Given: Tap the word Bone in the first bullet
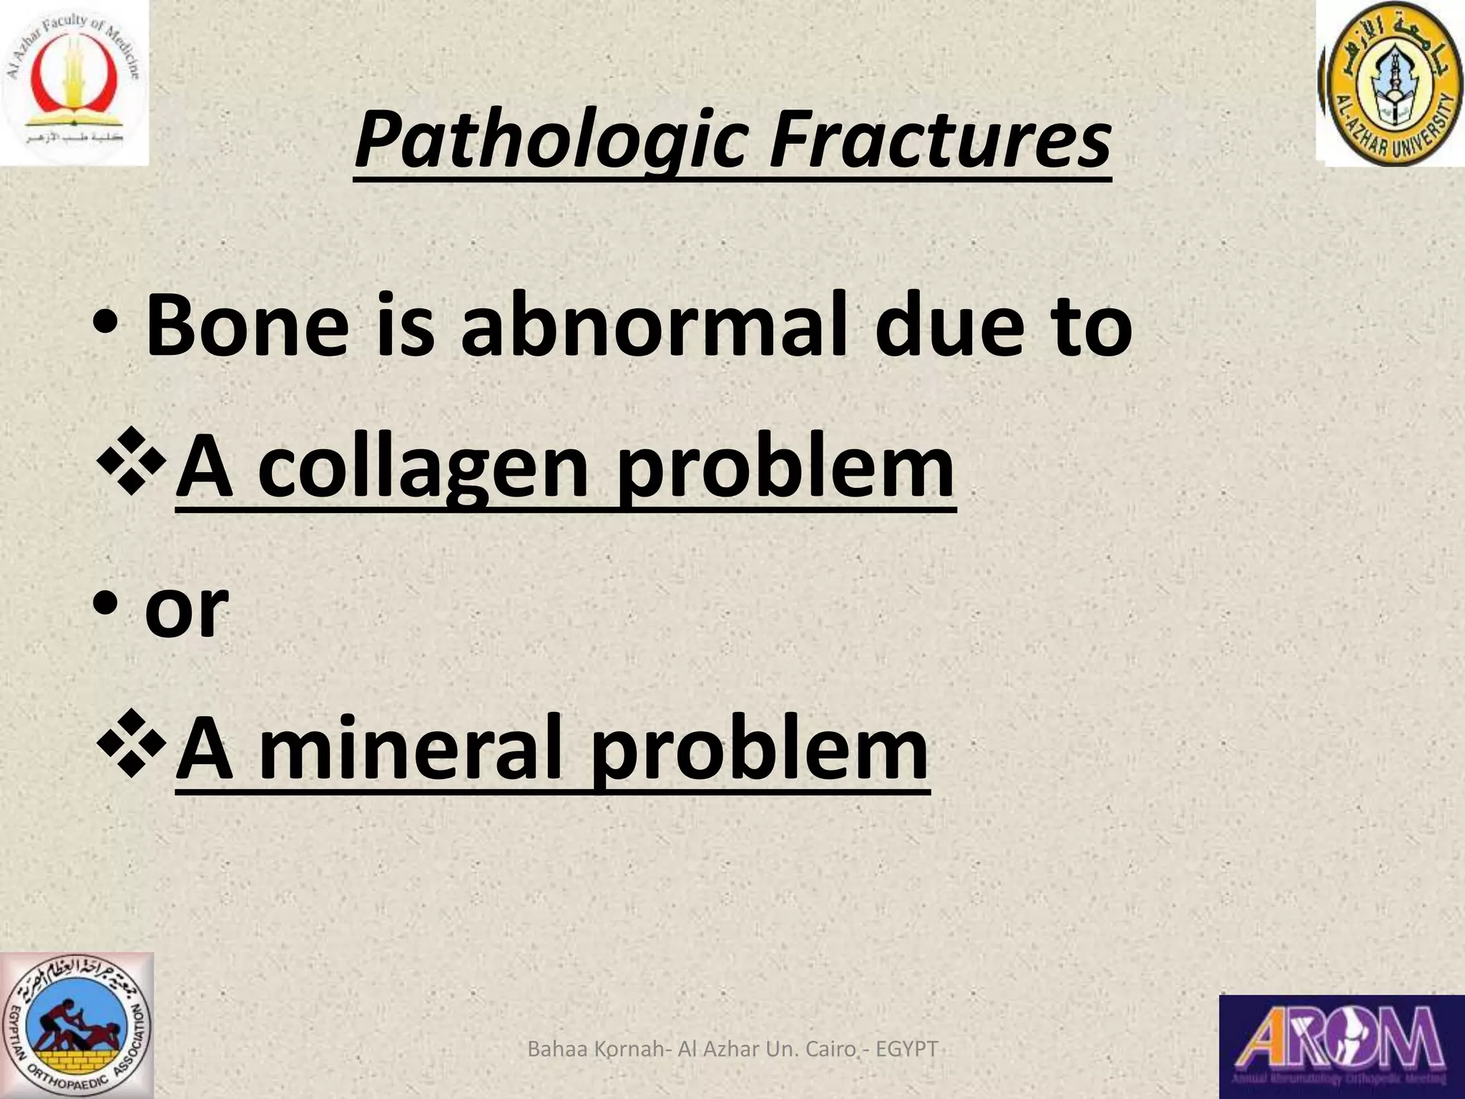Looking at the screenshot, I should coord(247,326).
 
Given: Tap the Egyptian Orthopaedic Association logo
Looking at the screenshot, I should coord(77,1025).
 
